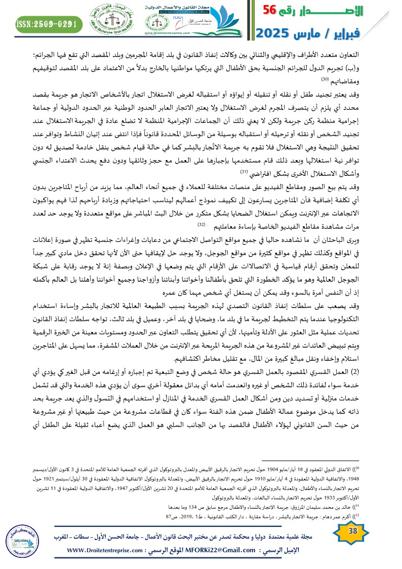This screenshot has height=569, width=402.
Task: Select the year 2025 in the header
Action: (276, 34)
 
